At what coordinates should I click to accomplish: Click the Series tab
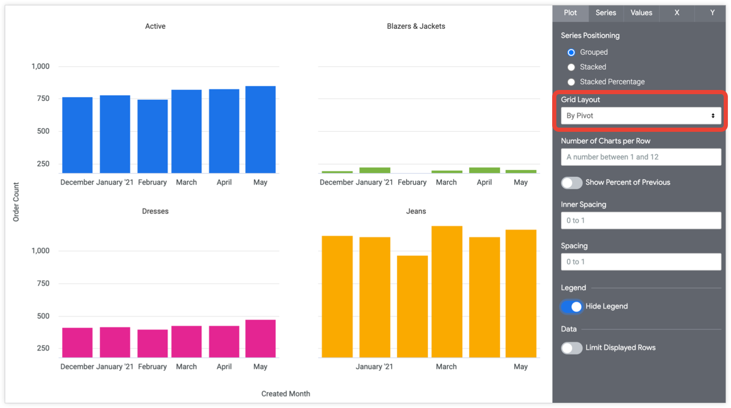point(606,13)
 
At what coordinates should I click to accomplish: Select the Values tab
point(641,13)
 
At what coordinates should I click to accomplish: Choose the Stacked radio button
point(571,67)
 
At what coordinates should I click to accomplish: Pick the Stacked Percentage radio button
point(571,82)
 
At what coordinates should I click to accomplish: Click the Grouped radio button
point(571,52)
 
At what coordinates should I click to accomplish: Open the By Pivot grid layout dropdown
point(641,116)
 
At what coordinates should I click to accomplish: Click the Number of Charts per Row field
point(641,157)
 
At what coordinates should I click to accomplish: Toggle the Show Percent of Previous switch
point(572,183)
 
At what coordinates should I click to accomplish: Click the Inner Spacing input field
point(641,221)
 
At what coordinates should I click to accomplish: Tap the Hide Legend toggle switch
point(572,307)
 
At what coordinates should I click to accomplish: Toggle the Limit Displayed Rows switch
point(572,348)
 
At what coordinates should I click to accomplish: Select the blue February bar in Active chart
point(153,137)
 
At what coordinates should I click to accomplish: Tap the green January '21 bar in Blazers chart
point(375,171)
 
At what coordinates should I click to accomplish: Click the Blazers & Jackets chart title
point(416,26)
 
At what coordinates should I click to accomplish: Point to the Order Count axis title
point(16,202)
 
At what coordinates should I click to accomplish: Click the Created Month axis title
point(285,394)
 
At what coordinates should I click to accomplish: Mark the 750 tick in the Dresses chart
point(40,284)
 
